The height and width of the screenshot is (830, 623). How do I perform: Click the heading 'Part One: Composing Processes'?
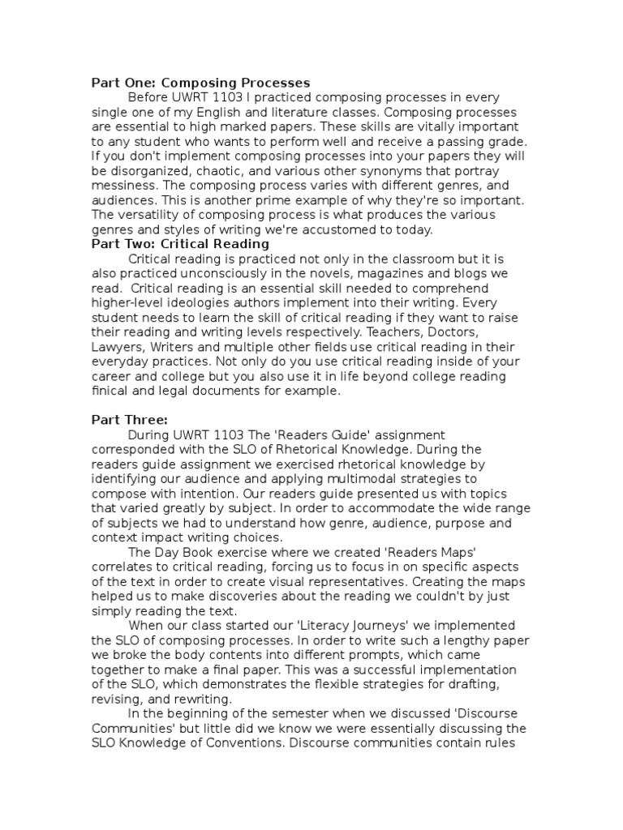tap(200, 83)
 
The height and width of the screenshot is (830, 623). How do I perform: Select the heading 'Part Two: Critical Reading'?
tap(180, 243)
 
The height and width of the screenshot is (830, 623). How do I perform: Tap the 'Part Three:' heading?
tap(130, 419)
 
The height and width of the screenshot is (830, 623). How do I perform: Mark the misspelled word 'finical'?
tap(110, 391)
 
